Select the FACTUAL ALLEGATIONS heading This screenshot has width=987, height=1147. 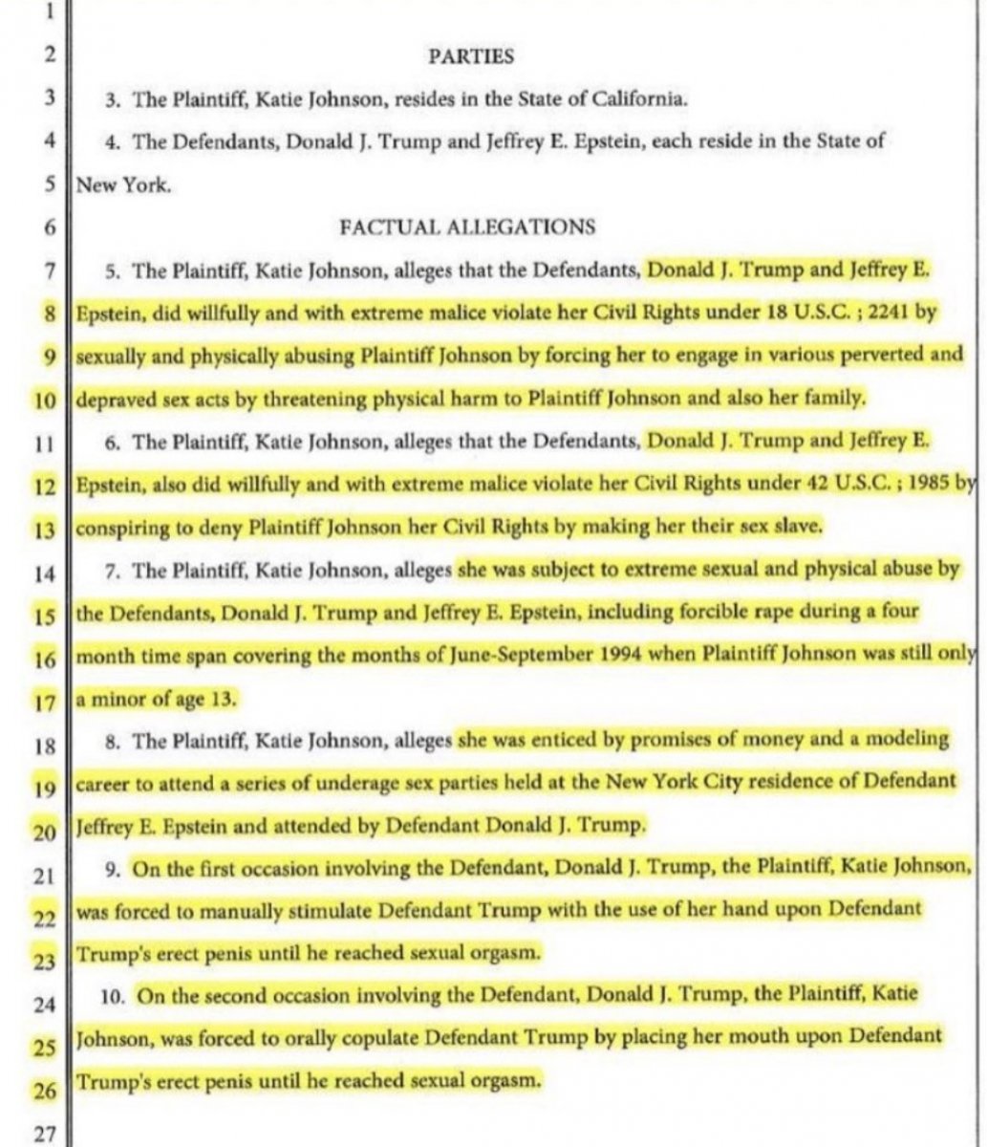tap(467, 227)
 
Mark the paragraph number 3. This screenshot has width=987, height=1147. tap(112, 99)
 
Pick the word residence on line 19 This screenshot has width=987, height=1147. tap(700, 782)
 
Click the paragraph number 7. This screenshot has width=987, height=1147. tap(112, 572)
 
